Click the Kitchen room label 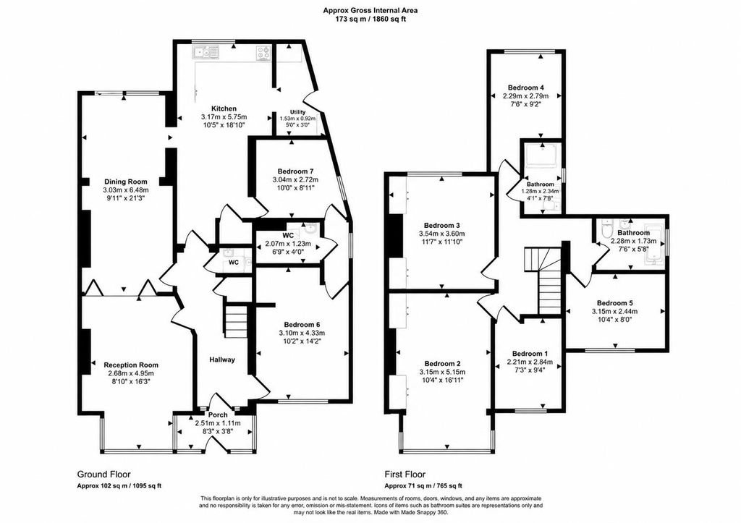click(x=224, y=109)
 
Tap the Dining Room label click(x=126, y=182)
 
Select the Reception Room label click(x=131, y=365)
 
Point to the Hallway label click(x=222, y=360)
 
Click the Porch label click(x=218, y=414)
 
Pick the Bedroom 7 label click(x=295, y=171)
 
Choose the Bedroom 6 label click(x=302, y=325)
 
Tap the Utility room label click(x=297, y=112)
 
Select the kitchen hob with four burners click(x=263, y=52)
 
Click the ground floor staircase click(x=236, y=320)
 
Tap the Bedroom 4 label click(x=526, y=88)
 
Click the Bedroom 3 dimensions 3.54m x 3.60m click(x=442, y=234)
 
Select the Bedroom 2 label click(x=442, y=364)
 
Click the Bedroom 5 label click(x=615, y=303)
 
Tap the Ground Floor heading click(x=104, y=475)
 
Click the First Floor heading click(x=405, y=475)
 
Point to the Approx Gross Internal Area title click(x=370, y=9)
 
